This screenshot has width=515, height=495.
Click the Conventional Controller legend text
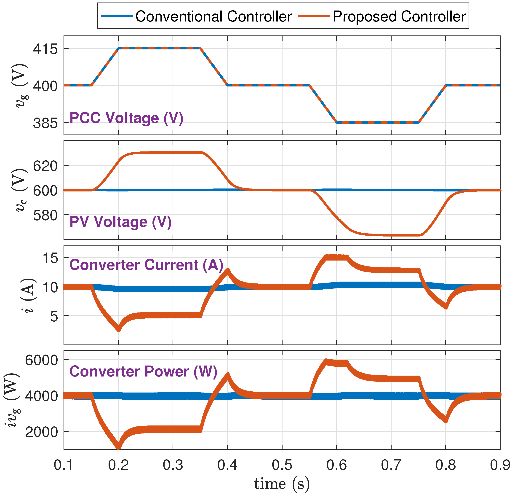point(213,16)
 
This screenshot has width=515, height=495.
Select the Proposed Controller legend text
point(399,16)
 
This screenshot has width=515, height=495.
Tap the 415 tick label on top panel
point(45,49)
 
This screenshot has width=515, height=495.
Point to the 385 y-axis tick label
point(45,123)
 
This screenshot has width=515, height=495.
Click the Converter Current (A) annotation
point(146,265)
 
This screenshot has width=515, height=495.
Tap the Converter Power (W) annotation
point(143,371)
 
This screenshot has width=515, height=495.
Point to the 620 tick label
point(45,166)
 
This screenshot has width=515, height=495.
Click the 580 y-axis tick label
point(45,215)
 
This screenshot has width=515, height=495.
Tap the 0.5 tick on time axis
point(282,465)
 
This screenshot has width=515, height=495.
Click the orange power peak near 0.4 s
point(227,375)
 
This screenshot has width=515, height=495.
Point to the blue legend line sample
point(117,16)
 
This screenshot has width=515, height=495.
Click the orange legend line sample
point(314,16)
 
